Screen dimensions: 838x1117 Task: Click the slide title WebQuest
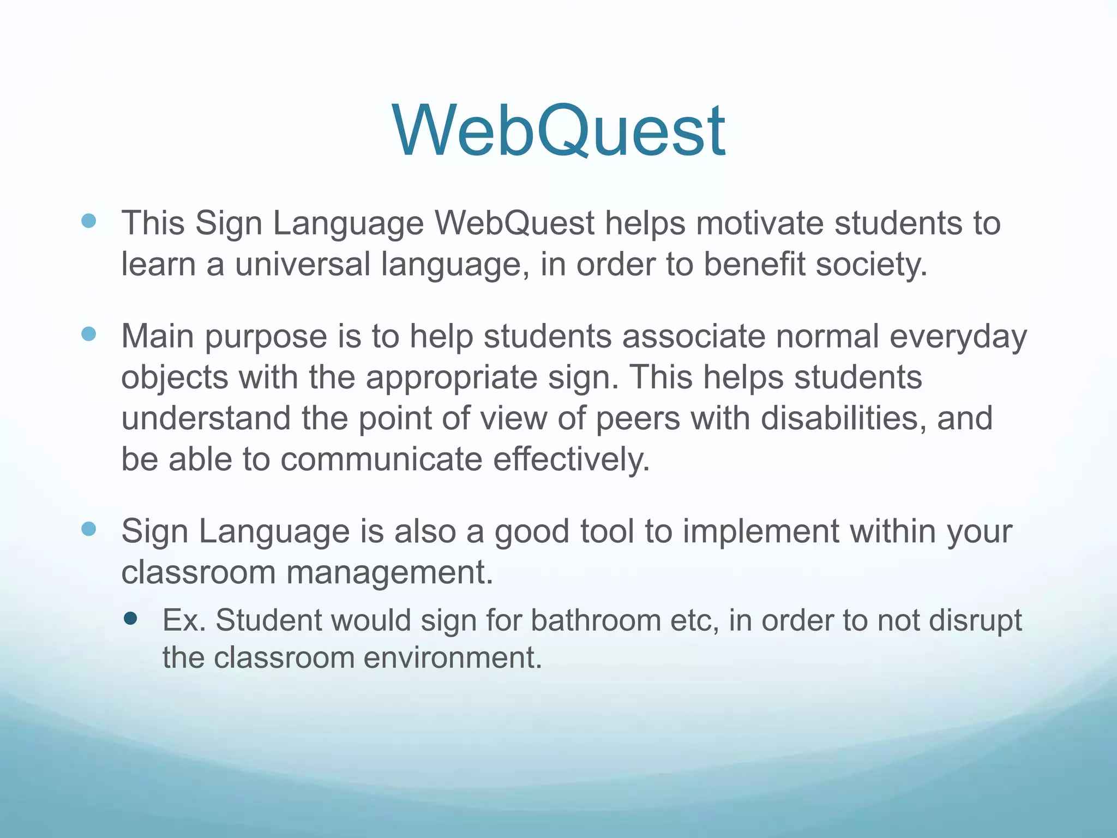tap(558, 131)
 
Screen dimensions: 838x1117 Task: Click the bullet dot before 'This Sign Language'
tap(88, 221)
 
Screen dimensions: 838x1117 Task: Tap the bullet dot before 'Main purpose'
tap(88, 334)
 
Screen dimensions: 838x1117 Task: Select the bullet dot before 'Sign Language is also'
tap(88, 529)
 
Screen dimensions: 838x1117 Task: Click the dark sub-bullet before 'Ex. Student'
tap(130, 618)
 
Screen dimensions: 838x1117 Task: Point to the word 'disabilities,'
tap(843, 418)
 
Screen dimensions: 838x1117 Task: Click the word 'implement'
tap(760, 531)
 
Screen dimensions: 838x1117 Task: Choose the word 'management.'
tap(389, 573)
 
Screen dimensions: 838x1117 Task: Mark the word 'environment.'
tap(453, 657)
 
